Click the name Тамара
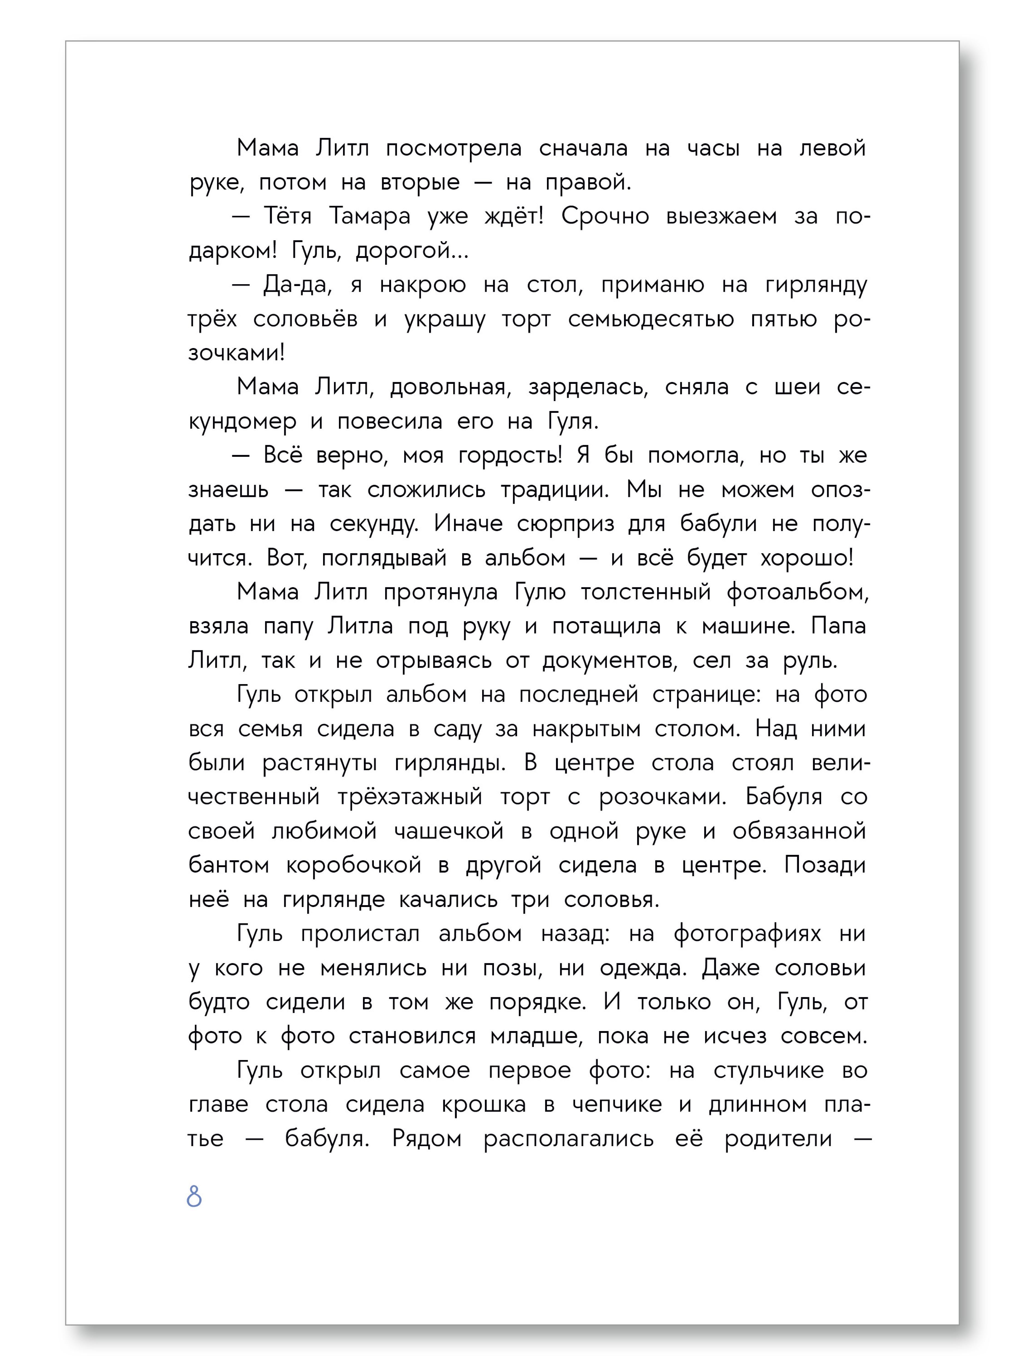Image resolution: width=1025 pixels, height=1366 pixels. pyautogui.click(x=370, y=216)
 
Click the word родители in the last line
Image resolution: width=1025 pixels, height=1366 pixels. pyautogui.click(x=778, y=1138)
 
